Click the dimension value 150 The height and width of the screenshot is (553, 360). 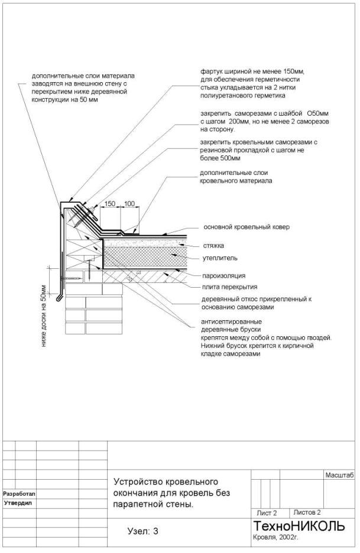point(110,204)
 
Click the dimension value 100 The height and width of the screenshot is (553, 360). point(129,204)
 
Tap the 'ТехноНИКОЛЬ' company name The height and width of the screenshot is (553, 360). point(299,526)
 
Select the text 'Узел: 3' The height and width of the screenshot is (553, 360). point(143,531)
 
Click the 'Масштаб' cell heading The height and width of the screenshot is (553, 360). point(339,475)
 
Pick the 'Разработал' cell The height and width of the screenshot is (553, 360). point(20,493)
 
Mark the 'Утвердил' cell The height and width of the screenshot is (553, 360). point(18,503)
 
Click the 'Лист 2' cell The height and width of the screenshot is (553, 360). point(266,513)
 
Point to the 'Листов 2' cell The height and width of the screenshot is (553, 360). point(307,512)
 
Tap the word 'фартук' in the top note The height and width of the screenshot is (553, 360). point(210,71)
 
